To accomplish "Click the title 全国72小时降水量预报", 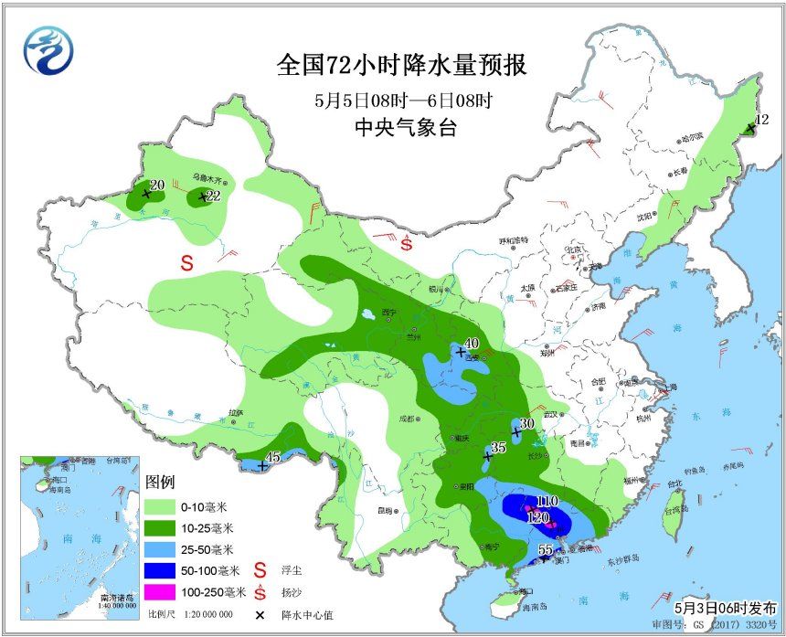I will (x=401, y=67).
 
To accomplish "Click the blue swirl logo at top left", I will (x=45, y=50).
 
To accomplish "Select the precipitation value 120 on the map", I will (x=538, y=516).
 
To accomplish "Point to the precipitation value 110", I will (x=547, y=501).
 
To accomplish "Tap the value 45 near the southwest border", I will (x=272, y=458).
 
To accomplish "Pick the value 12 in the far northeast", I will (x=762, y=120).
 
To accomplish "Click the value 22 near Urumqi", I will (x=214, y=196).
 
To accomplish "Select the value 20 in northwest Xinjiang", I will (x=156, y=185).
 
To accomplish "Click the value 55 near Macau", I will (x=545, y=549).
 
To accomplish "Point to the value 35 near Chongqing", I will (x=498, y=447).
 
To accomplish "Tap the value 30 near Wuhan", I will (x=526, y=424).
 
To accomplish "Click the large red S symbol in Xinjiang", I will (x=186, y=263).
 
